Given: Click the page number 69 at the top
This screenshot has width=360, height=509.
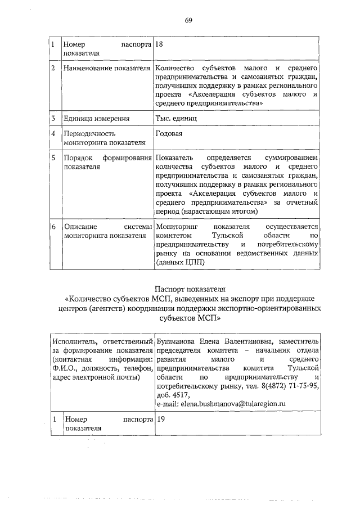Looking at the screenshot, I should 188,21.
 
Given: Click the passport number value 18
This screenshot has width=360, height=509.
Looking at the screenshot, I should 159,43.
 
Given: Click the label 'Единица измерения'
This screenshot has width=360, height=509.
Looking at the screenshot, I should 97,119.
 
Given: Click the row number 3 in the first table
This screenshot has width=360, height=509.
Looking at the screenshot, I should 52,119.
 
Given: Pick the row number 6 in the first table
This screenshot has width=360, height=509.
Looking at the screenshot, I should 53,227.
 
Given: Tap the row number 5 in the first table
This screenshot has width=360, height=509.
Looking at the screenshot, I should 53,159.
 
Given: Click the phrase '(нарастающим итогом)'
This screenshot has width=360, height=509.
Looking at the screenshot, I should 219,211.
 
